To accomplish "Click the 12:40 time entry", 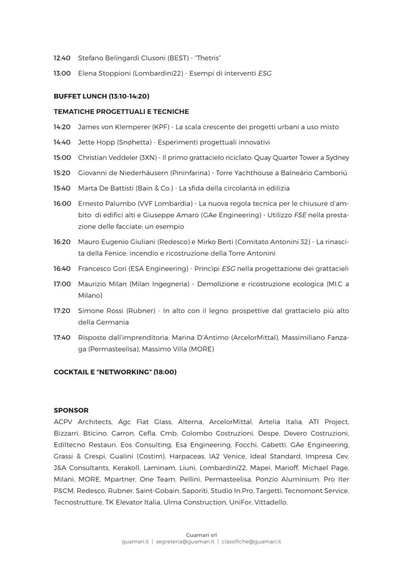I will pyautogui.click(x=62, y=57).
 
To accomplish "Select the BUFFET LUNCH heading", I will pyautogui.click(x=101, y=96).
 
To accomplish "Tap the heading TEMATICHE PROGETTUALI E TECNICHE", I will pyautogui.click(x=121, y=112).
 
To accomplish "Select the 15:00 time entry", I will pyautogui.click(x=62, y=158).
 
